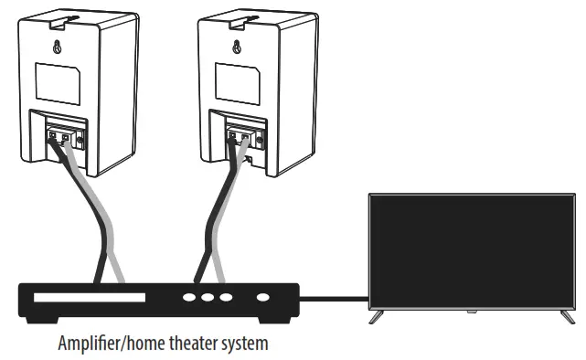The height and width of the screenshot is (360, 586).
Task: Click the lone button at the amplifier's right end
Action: (x=263, y=297)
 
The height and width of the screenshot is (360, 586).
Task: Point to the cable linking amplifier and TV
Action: (x=334, y=297)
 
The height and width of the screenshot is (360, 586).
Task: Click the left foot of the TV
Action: (x=375, y=317)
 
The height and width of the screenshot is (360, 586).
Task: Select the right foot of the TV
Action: (x=568, y=317)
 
